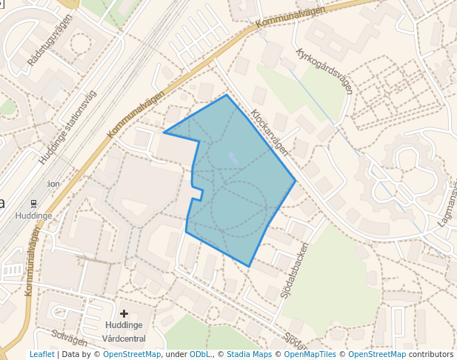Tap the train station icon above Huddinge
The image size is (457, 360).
click(33, 203)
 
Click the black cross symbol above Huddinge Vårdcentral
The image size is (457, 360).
click(124, 314)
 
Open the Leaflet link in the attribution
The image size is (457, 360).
click(41, 355)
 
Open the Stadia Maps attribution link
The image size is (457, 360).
click(249, 355)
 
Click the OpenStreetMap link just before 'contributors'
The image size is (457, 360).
click(376, 355)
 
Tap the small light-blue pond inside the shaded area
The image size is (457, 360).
click(233, 157)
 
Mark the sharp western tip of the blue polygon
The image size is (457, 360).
click(164, 133)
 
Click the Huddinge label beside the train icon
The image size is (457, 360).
click(33, 216)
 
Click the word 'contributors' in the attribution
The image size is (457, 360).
click(430, 355)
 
